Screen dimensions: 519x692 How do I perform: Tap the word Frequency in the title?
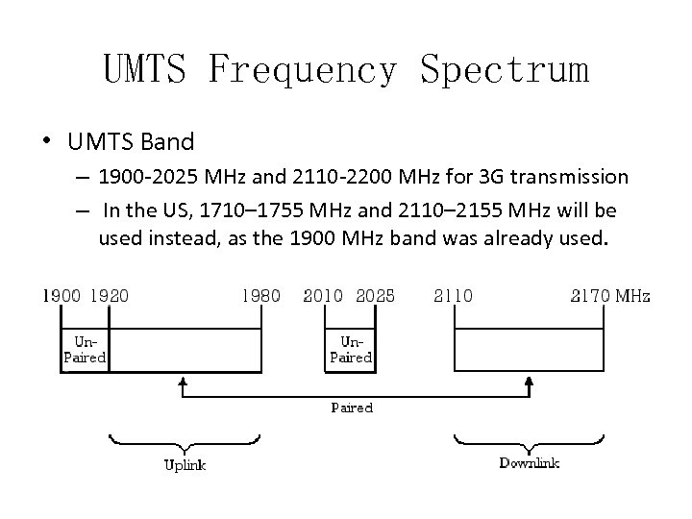[302, 70]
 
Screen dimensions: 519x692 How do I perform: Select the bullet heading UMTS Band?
[131, 142]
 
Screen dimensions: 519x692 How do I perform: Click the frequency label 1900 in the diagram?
[60, 296]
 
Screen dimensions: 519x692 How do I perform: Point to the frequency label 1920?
[109, 296]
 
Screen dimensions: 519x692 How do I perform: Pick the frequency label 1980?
[260, 296]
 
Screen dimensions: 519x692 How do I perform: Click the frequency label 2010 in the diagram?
[323, 296]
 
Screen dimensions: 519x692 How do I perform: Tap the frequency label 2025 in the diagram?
[375, 296]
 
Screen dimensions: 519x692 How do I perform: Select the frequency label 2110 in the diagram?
[453, 296]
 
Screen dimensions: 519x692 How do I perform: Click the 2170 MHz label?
[609, 296]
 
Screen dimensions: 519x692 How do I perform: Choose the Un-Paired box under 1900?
[85, 349]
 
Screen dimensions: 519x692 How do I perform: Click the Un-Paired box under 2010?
[351, 349]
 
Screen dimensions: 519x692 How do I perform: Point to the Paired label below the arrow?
[352, 408]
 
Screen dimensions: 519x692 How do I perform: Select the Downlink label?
[529, 463]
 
